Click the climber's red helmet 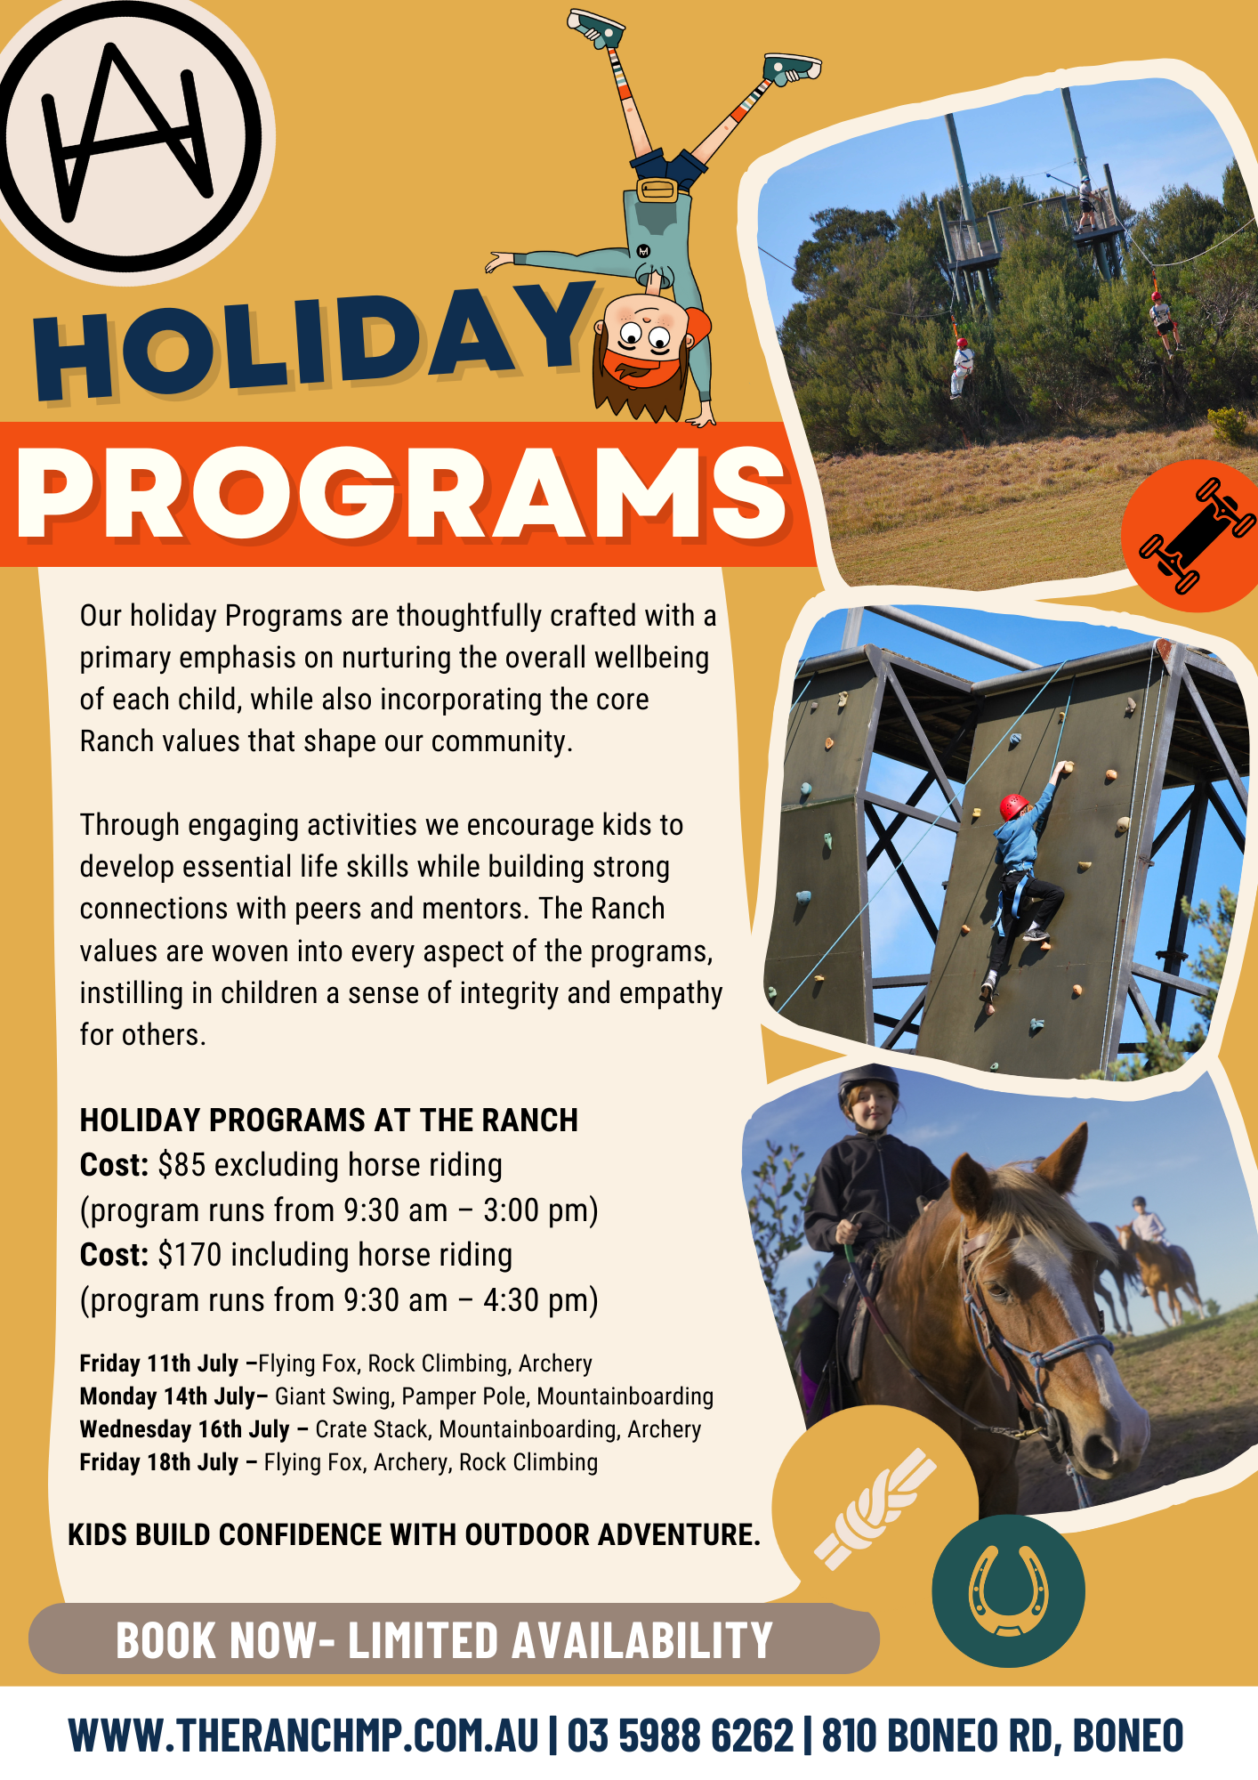1013,806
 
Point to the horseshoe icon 1008,1590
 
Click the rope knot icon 875,1509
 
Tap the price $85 181,1165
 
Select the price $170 190,1255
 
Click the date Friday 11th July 159,1363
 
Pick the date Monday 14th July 167,1396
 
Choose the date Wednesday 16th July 185,1429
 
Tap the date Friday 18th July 159,1462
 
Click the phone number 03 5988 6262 680,1735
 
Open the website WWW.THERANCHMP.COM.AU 303,1735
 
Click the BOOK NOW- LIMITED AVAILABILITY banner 454,1639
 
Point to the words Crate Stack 373,1429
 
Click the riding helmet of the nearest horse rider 868,1081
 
